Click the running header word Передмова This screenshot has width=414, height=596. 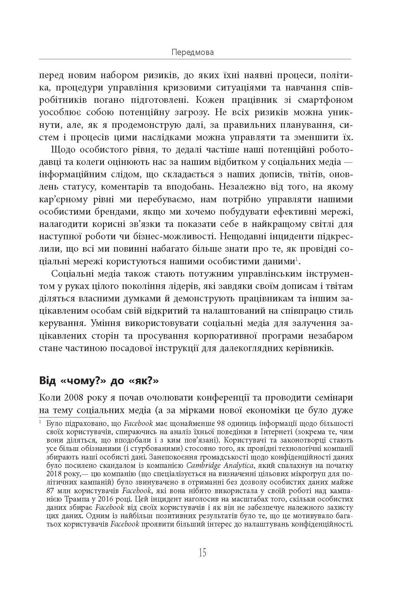point(193,52)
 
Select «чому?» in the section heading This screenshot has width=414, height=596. point(83,380)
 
